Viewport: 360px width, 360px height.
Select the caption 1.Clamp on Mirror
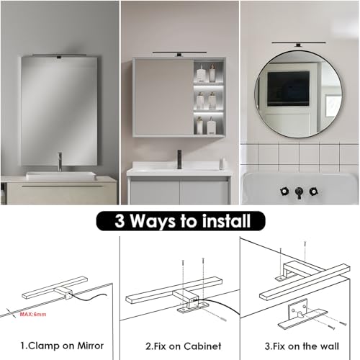coord(61,345)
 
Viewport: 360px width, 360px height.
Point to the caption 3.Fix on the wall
coord(300,345)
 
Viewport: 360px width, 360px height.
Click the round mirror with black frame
coord(299,91)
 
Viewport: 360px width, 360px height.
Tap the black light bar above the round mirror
coord(299,42)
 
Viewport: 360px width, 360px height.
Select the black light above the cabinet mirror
coord(181,51)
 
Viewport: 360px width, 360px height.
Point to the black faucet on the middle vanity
coord(179,157)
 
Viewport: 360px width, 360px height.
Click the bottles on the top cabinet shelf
coord(207,73)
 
